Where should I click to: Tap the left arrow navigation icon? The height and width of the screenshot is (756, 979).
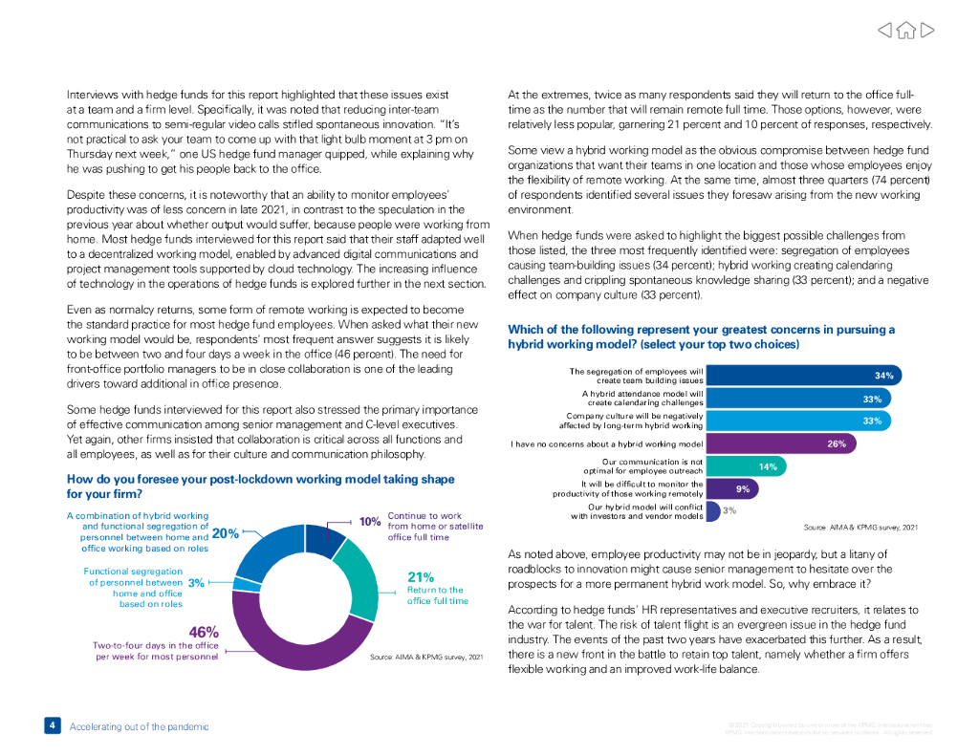(x=885, y=31)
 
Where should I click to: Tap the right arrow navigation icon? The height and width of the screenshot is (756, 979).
(x=926, y=31)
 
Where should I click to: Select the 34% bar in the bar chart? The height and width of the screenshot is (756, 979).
(x=803, y=376)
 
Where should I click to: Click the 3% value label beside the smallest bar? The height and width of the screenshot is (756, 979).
(x=729, y=511)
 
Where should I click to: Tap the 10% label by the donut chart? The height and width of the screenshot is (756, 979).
(x=370, y=522)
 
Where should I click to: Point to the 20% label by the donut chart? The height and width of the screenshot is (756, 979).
(x=225, y=534)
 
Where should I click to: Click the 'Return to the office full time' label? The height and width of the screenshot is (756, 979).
(x=437, y=595)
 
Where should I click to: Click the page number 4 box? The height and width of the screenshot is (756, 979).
(x=52, y=725)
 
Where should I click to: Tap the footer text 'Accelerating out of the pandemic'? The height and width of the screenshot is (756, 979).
(x=139, y=726)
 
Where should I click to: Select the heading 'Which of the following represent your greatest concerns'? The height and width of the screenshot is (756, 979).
(x=701, y=336)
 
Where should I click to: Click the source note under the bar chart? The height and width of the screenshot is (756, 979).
(x=860, y=527)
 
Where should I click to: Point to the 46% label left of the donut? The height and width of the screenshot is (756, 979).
(x=204, y=632)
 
